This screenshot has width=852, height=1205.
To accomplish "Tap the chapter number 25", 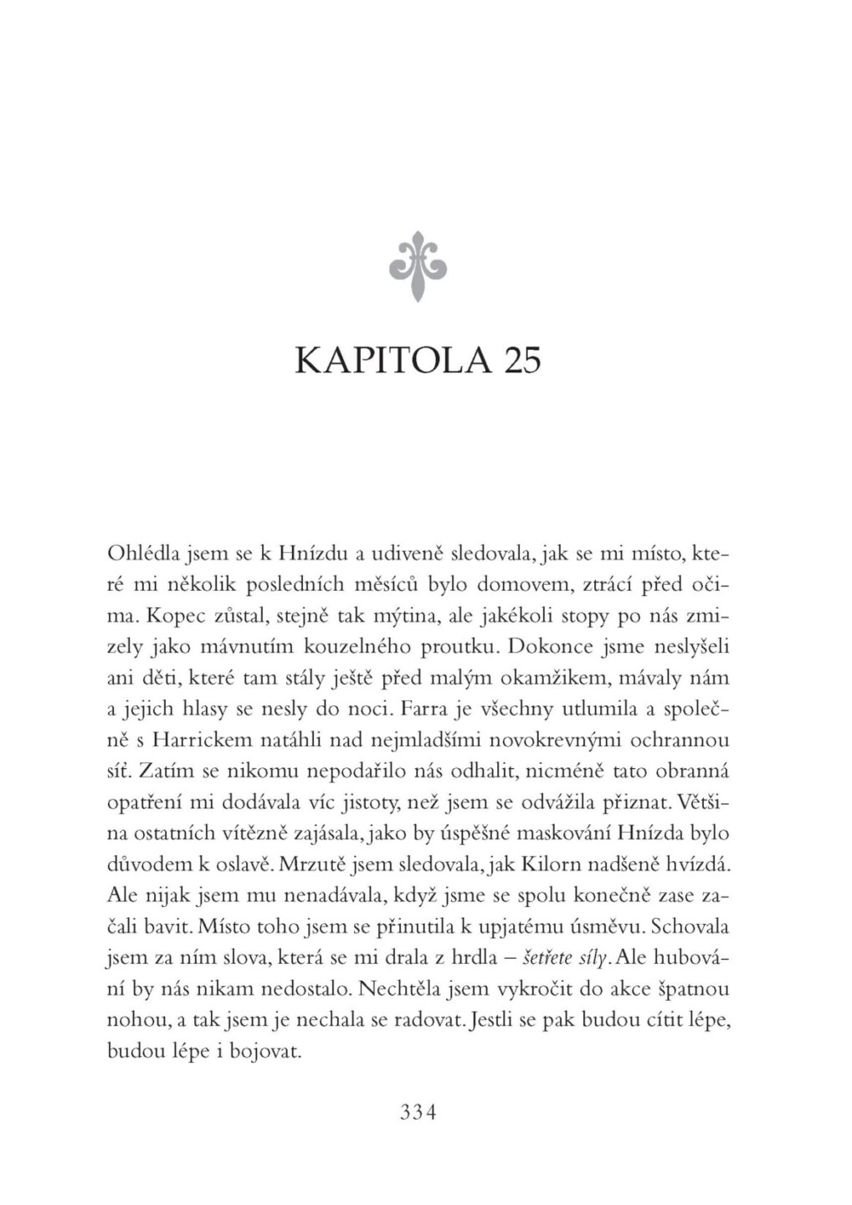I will (521, 361).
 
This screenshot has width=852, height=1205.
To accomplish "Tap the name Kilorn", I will (546, 864).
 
